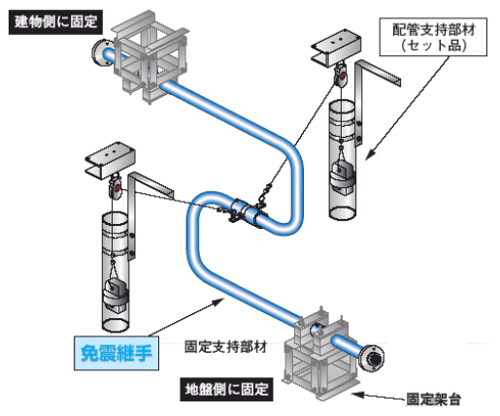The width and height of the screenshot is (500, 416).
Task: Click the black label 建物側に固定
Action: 55,22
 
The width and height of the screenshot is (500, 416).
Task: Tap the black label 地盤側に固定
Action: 226,389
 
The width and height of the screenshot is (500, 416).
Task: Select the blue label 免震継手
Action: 117,353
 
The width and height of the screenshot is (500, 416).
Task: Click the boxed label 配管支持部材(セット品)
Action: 433,37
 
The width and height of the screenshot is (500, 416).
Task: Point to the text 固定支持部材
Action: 225,346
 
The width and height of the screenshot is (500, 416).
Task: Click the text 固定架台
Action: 433,400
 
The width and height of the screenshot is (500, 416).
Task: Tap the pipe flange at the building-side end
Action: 101,52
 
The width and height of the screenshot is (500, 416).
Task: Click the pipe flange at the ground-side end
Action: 372,359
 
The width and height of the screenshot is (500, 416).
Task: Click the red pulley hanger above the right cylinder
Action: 341,76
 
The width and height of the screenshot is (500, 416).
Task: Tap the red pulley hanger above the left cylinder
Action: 116,188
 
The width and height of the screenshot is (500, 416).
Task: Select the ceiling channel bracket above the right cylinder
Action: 337,48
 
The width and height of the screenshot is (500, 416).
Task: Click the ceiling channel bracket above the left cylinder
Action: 110,160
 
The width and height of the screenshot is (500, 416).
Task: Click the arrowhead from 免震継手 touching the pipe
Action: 218,303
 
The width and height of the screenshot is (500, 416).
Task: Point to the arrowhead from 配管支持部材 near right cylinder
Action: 371,154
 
